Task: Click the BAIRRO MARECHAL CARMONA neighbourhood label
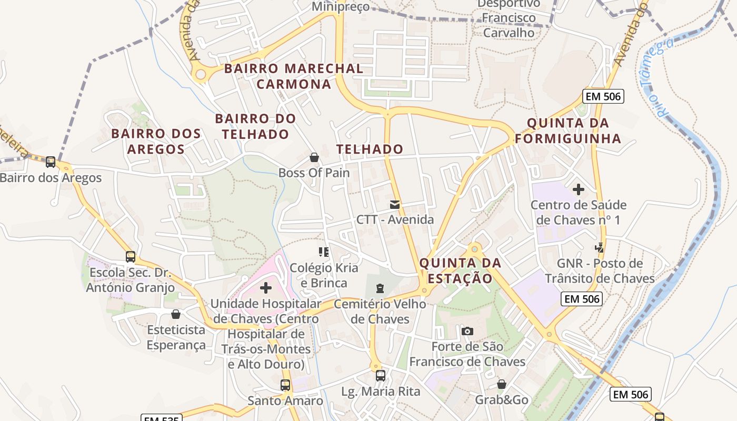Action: pyautogui.click(x=294, y=76)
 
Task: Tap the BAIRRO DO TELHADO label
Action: pyautogui.click(x=255, y=126)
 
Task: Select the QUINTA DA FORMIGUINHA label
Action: pyautogui.click(x=568, y=131)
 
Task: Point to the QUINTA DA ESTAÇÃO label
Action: pyautogui.click(x=461, y=270)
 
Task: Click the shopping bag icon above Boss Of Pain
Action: pyautogui.click(x=314, y=157)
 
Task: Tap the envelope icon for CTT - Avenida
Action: pyautogui.click(x=395, y=205)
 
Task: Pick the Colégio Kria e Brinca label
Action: pyautogui.click(x=324, y=275)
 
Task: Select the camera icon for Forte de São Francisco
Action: pyautogui.click(x=467, y=331)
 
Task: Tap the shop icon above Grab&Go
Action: pyautogui.click(x=502, y=384)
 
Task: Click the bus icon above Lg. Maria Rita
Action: pyautogui.click(x=381, y=375)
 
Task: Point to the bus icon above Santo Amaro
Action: pyautogui.click(x=285, y=385)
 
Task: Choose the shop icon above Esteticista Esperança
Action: pyautogui.click(x=176, y=314)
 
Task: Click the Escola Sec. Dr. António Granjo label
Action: pyautogui.click(x=130, y=280)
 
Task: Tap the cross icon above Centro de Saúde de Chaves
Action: pyautogui.click(x=579, y=189)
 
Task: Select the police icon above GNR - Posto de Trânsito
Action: pyautogui.click(x=599, y=247)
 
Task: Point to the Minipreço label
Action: pyautogui.click(x=341, y=7)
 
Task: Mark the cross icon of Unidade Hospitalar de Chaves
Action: pyautogui.click(x=266, y=287)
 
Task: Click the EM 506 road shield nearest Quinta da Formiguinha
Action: pyautogui.click(x=603, y=96)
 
